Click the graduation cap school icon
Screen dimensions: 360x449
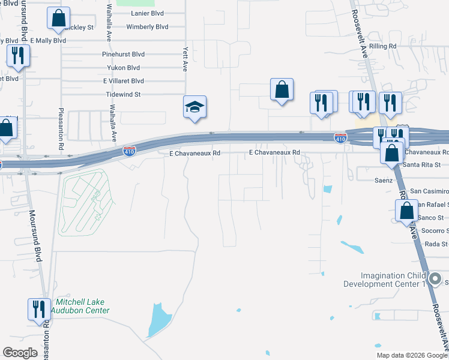(194, 107)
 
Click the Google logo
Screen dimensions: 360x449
(20, 353)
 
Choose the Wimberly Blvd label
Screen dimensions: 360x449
(147, 27)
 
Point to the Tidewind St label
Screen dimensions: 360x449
(123, 94)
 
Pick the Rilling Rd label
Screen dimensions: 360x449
(383, 46)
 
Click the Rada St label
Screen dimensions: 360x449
(436, 244)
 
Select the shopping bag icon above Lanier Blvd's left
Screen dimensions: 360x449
(58, 19)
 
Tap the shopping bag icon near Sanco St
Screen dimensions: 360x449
(406, 211)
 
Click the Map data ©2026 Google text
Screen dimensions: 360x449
(411, 355)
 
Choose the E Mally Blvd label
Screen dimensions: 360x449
(47, 40)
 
